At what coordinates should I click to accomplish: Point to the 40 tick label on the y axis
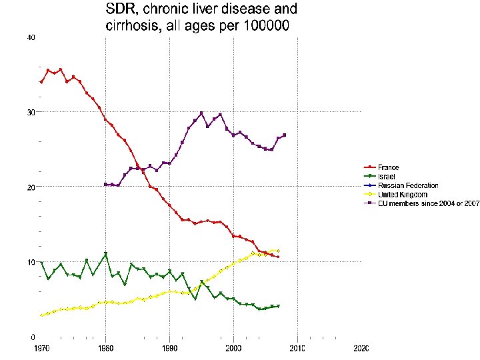point(31,37)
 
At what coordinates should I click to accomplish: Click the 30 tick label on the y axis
point(31,112)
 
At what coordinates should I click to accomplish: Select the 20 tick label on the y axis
point(31,187)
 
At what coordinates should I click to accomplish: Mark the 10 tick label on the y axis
point(31,262)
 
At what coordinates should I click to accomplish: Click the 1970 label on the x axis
point(41,349)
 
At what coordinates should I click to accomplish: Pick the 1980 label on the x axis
point(105,349)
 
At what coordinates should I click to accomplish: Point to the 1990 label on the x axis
point(169,349)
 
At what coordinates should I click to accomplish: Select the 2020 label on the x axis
point(361,349)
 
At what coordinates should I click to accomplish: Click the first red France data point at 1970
point(41,82)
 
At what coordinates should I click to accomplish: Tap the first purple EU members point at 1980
point(105,185)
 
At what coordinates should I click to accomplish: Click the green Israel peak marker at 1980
point(105,254)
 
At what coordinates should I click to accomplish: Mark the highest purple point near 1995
point(201,113)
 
